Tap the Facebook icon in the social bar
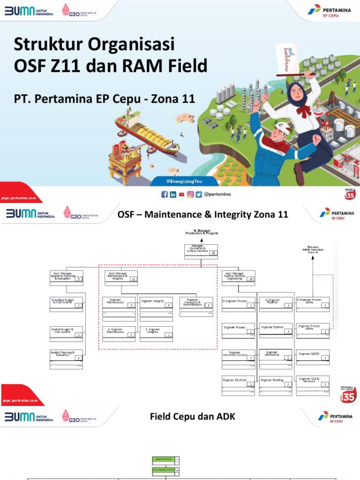pos(165,195)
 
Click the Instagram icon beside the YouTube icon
pos(190,195)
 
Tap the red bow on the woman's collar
pos(304,111)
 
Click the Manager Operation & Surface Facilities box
pos(201,251)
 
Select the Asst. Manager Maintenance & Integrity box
pos(120,277)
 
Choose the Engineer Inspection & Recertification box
pos(195,303)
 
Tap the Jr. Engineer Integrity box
pos(156,332)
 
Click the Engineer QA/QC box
pos(312,355)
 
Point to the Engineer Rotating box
pos(275,382)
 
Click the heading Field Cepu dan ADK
pos(192,416)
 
